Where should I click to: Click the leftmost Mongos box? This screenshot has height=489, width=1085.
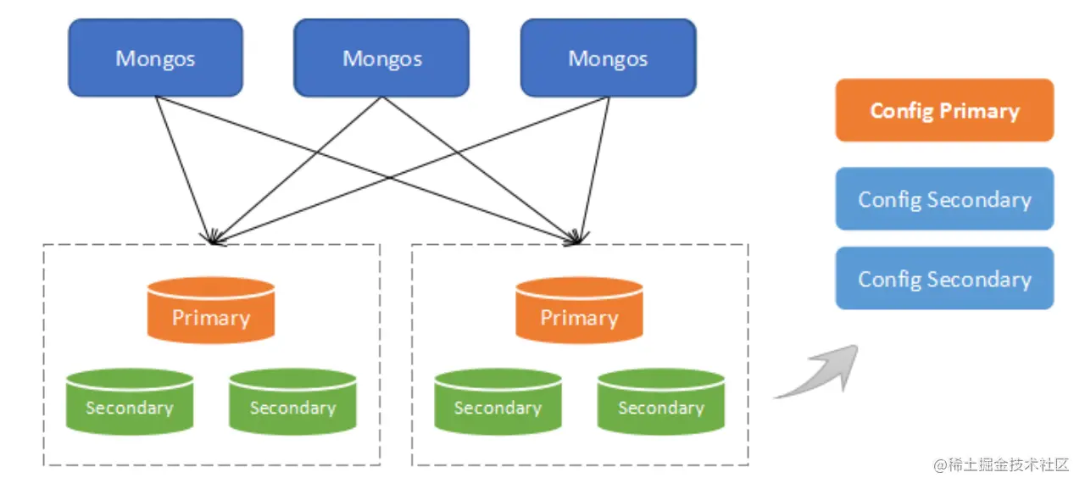coord(155,58)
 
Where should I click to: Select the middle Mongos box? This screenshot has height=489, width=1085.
coord(381,58)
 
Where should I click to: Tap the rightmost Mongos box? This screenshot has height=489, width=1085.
coord(608,58)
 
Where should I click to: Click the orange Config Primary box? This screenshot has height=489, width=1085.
coord(944,110)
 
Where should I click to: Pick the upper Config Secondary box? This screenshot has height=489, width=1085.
coord(944,199)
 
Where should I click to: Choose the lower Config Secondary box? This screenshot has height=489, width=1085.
coord(944,279)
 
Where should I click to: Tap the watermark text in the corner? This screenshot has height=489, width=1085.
coord(1001,464)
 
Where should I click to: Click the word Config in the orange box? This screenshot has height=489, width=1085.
coord(901,111)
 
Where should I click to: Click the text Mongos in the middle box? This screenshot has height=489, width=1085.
coord(381,58)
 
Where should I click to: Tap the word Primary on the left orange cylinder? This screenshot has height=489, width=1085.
coord(211,318)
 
